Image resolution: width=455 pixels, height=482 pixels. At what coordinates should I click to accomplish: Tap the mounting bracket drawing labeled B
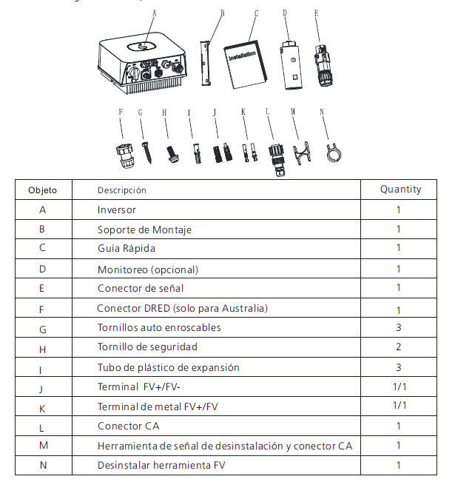205,62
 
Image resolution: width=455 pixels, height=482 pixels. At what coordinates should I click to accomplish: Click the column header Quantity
400,190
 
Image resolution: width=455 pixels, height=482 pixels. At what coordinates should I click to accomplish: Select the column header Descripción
122,190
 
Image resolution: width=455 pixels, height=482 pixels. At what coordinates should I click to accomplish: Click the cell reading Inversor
117,210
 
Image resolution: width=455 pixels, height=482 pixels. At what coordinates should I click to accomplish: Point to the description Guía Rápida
127,248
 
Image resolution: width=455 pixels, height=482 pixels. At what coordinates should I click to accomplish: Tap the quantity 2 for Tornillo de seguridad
399,347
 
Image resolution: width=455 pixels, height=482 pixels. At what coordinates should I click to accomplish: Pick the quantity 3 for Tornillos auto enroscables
399,327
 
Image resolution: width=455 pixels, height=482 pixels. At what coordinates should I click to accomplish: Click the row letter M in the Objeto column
42,446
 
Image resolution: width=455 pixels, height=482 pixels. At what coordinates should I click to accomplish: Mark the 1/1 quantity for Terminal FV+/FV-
400,386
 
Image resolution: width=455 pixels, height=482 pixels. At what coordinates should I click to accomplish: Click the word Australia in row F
243,308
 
